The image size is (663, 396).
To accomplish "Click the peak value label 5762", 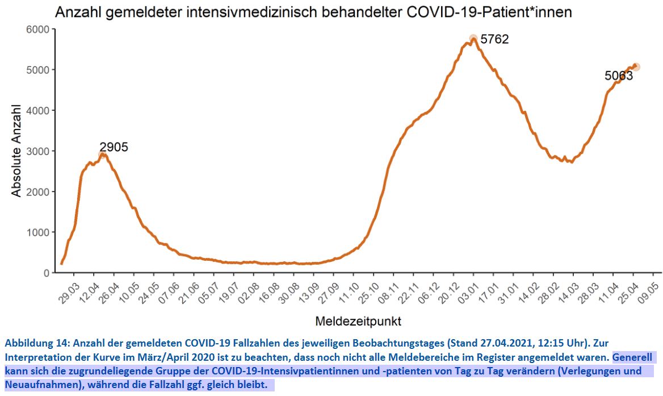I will [x=494, y=40].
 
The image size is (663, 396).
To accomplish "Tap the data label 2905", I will [x=114, y=147].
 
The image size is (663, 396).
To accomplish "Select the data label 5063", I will [x=618, y=76].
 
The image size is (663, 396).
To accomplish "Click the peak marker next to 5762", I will [x=473, y=39].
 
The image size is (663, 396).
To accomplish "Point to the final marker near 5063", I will [x=636, y=67].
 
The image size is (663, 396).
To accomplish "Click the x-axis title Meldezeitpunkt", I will [x=358, y=322].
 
